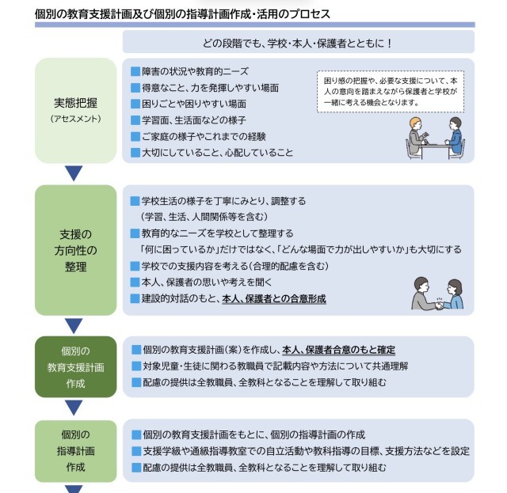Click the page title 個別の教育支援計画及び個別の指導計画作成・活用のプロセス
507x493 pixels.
tap(183, 14)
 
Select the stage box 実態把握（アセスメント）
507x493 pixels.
tap(76, 109)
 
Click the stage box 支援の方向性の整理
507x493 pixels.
tap(76, 250)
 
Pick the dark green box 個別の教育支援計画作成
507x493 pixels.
tap(76, 366)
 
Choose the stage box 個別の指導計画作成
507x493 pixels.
tap(76, 450)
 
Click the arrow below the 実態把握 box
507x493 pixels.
tap(74, 173)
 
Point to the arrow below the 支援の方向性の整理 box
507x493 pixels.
tap(74, 325)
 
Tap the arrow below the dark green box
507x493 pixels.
tap(74, 408)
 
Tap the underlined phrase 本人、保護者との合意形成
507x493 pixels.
tap(273, 298)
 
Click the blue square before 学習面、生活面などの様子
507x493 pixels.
tap(135, 120)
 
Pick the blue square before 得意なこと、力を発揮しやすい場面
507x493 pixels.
tap(135, 87)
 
